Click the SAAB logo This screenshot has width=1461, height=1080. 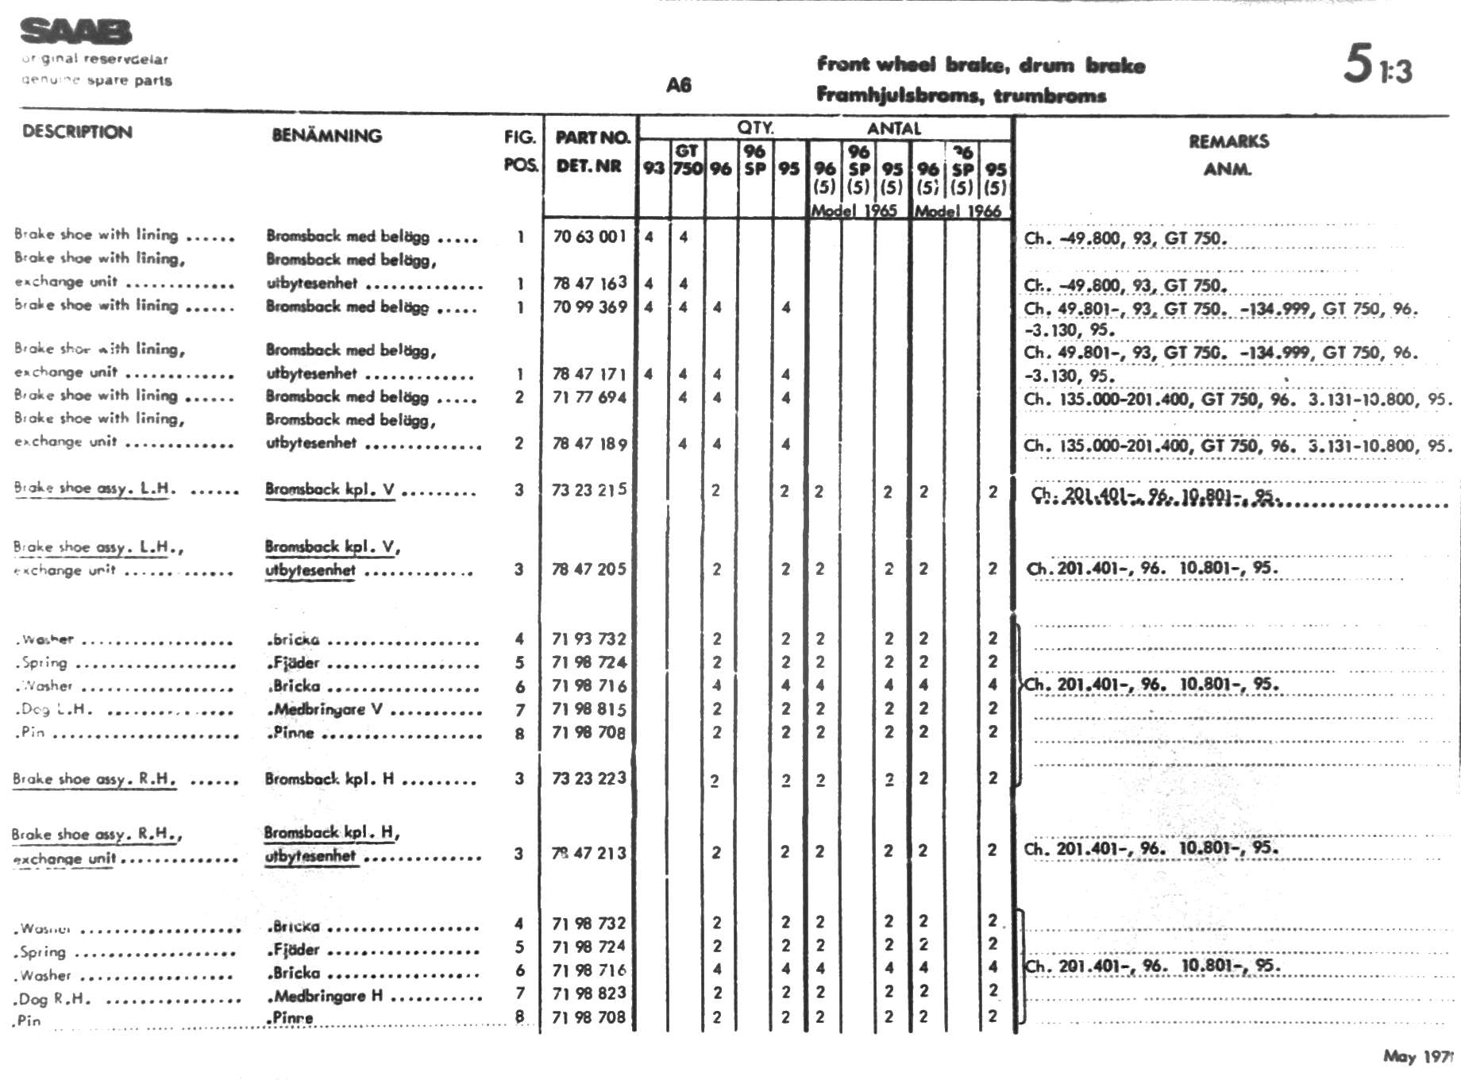(x=76, y=32)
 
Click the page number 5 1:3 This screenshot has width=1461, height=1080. (x=1378, y=65)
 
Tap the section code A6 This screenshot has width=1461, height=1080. (x=679, y=85)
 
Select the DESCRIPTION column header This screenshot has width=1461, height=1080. (x=77, y=132)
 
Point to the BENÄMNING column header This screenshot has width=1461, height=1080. (x=326, y=136)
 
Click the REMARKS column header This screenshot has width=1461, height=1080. (x=1228, y=142)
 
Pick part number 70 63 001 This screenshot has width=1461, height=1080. (x=589, y=237)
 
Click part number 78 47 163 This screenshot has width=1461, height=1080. (x=589, y=283)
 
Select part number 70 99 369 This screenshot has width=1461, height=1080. (x=589, y=307)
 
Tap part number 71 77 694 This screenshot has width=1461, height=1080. (x=589, y=397)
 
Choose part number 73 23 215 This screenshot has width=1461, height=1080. (x=589, y=490)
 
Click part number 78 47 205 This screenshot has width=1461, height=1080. (x=589, y=569)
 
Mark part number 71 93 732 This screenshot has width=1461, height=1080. (x=589, y=638)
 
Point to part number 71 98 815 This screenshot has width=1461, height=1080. (x=589, y=709)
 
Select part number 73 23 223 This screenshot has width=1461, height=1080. (x=589, y=778)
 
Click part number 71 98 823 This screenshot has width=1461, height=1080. (x=589, y=993)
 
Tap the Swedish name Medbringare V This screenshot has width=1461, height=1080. (x=328, y=709)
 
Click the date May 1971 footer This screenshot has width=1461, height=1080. (x=1418, y=1056)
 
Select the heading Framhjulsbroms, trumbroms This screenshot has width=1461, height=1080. (x=961, y=96)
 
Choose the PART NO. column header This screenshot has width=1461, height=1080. (x=592, y=137)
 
